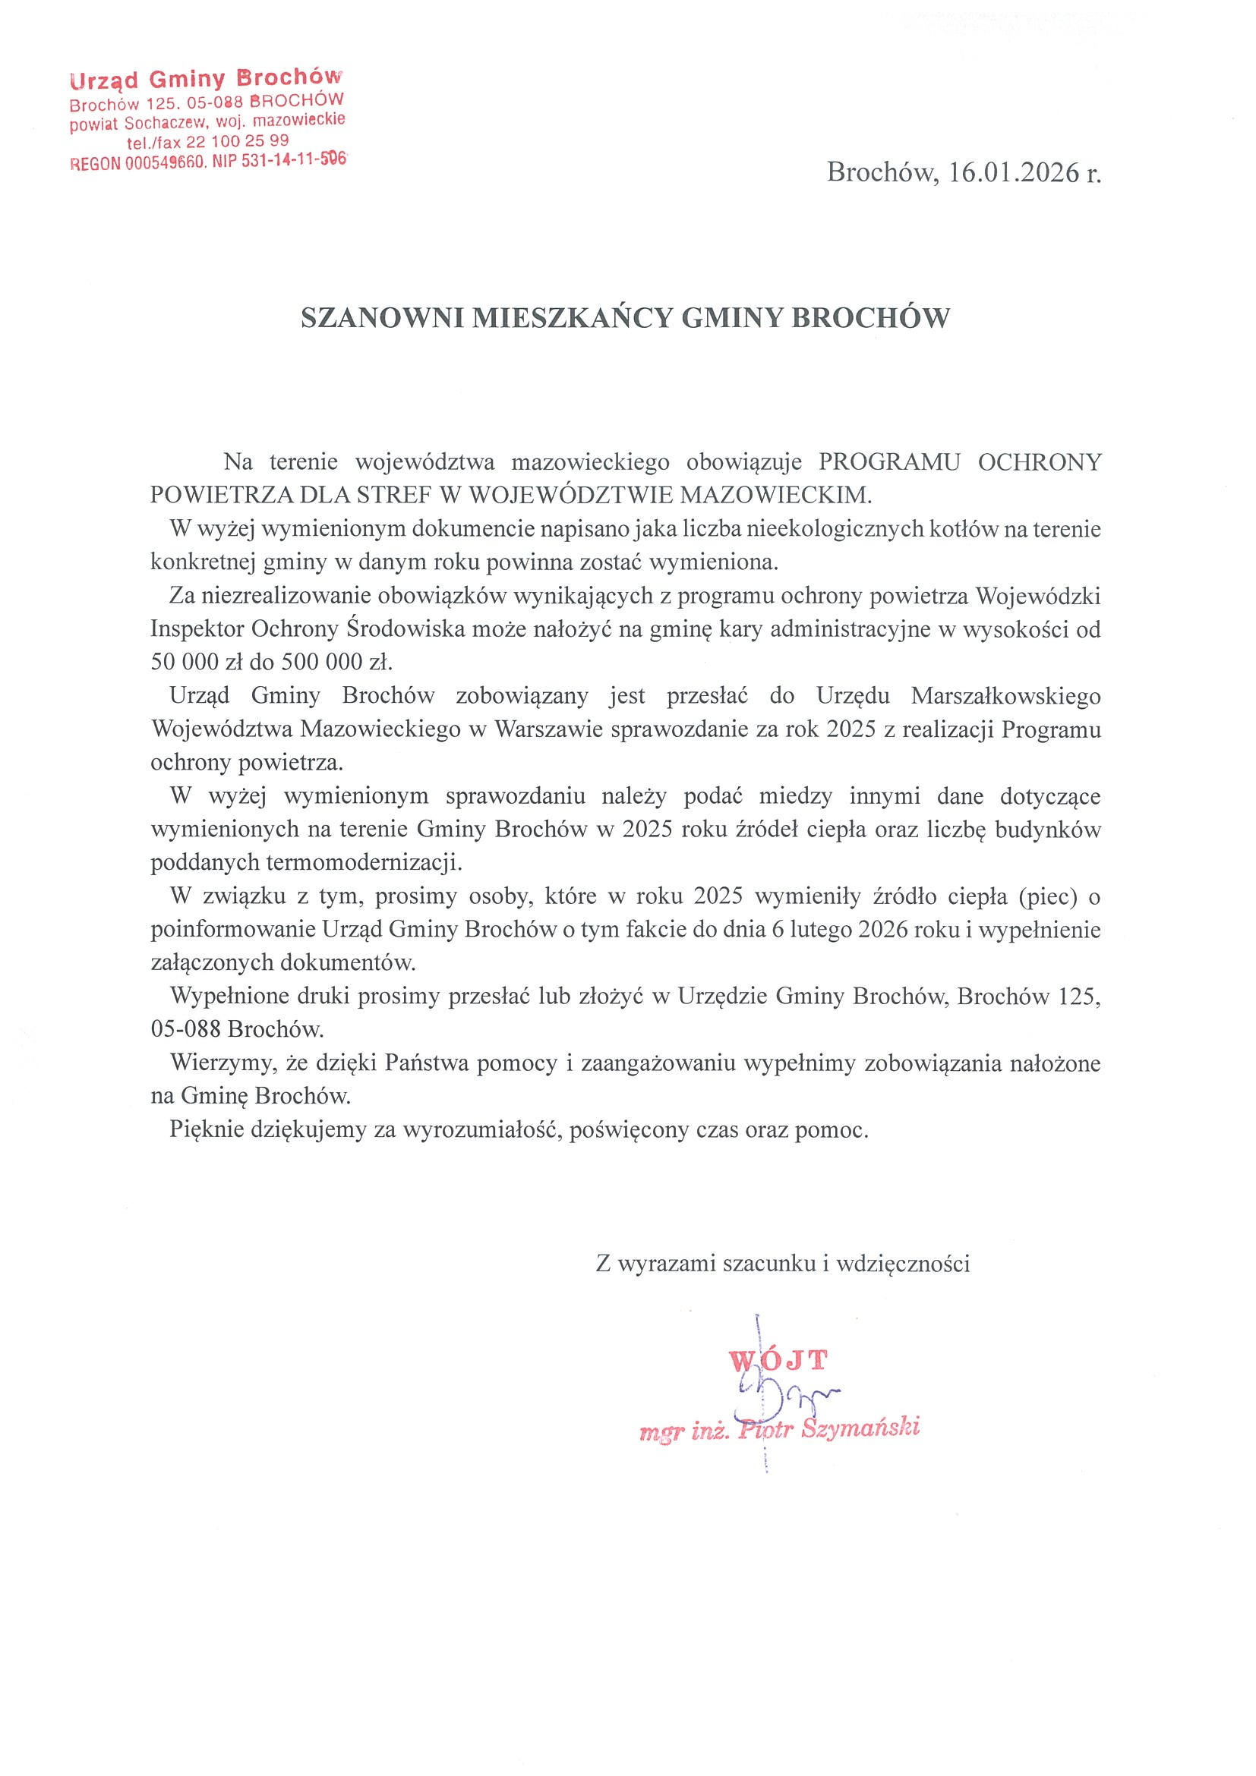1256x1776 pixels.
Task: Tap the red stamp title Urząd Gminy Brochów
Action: click(205, 78)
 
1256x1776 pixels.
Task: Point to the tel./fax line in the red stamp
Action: click(207, 140)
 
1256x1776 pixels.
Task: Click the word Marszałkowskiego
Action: click(1005, 696)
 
